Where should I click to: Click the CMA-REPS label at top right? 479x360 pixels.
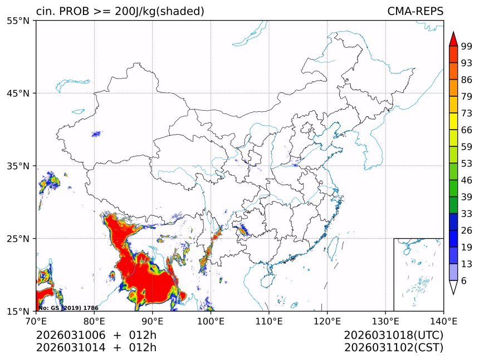[415, 12]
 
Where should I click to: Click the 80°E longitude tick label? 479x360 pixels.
[94, 321]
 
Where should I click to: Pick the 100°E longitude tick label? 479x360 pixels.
[211, 321]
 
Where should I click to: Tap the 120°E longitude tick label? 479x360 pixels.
[327, 321]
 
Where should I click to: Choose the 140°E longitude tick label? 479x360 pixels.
[443, 321]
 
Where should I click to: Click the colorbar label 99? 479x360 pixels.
[467, 46]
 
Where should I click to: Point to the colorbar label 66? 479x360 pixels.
[467, 130]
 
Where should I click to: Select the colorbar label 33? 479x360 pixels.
[467, 214]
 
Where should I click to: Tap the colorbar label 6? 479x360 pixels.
[464, 281]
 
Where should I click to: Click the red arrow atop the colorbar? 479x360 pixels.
[453, 39]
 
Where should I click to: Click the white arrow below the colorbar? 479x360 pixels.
[453, 287]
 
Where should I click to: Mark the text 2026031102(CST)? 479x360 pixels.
[393, 348]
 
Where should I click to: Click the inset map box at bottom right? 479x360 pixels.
[418, 274]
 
